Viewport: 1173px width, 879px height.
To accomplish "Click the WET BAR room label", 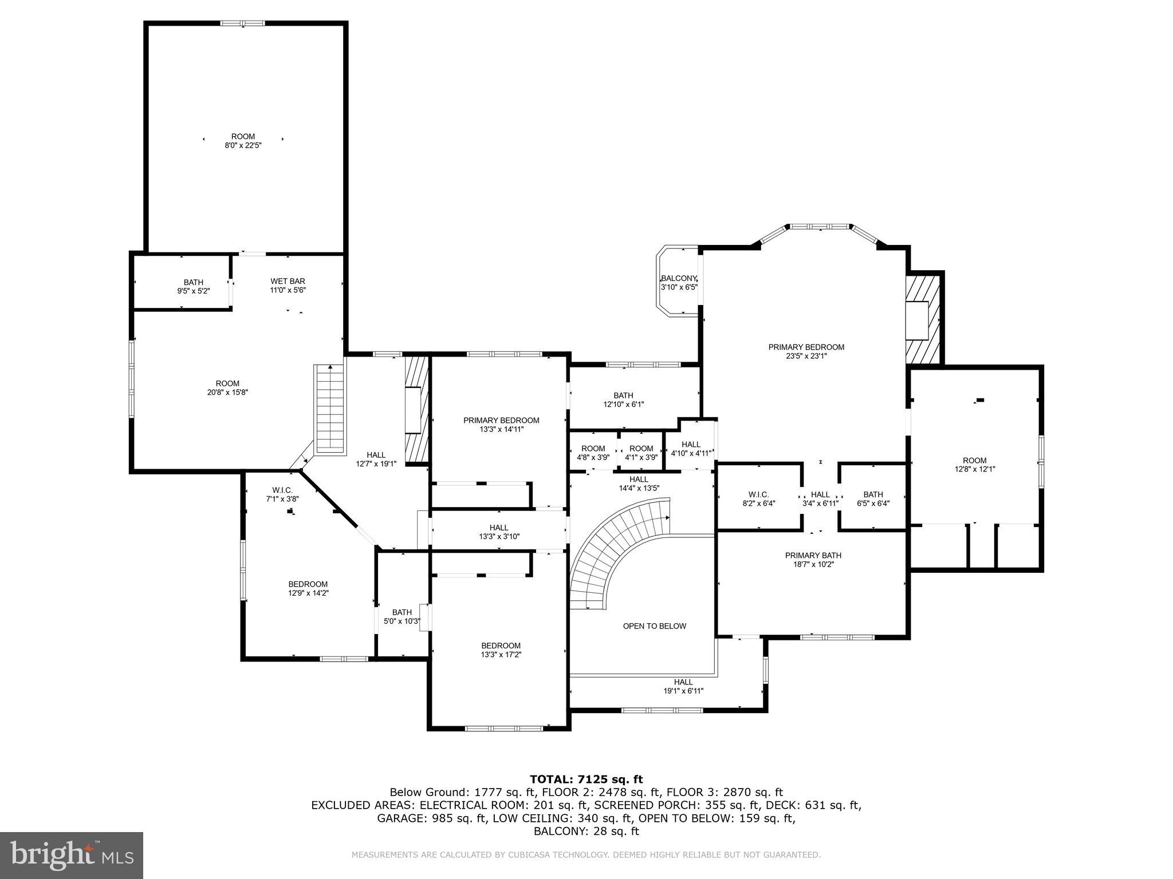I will point(288,281).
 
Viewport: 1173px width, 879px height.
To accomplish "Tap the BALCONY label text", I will point(679,278).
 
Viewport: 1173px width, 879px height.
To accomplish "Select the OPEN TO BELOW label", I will point(654,626).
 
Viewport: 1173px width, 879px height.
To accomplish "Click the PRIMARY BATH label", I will point(813,555).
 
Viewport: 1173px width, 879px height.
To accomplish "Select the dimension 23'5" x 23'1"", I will point(806,356).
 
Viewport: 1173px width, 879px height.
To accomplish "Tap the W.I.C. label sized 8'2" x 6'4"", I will point(758,494).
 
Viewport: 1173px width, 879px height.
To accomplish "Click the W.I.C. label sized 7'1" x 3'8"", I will point(282,490).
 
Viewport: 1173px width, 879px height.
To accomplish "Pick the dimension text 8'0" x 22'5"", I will point(243,145).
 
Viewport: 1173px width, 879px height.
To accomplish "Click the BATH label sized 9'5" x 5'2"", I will point(193,282).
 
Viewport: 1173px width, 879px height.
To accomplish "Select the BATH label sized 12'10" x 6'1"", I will point(623,395).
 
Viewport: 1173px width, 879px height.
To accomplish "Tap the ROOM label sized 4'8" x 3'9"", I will point(593,449).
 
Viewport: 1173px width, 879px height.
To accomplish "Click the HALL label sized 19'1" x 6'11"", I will point(683,682).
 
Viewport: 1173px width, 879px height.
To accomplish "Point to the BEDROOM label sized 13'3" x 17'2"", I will point(501,646).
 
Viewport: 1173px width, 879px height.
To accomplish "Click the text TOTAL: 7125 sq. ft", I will point(586,779).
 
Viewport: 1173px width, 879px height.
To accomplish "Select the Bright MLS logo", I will point(72,856).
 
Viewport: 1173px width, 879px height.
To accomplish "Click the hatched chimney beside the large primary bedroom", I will point(923,319).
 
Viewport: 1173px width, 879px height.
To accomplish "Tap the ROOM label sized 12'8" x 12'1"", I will point(974,460).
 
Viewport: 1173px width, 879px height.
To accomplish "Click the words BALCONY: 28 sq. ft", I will point(586,832).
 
